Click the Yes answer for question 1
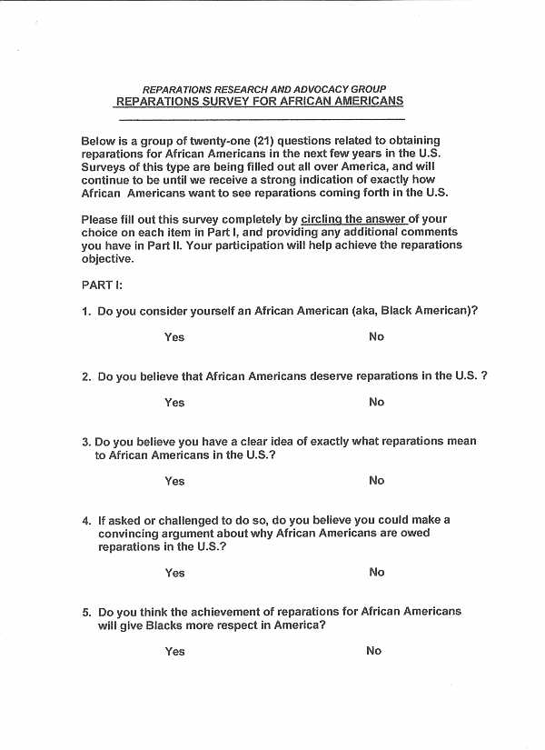click(x=174, y=337)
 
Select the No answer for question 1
click(x=376, y=336)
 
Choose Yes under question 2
click(x=174, y=403)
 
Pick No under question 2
click(x=376, y=402)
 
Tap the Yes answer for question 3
click(x=174, y=481)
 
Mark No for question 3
click(x=376, y=480)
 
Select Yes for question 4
click(x=174, y=573)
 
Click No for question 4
click(x=376, y=572)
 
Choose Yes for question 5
click(x=174, y=651)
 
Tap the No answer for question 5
click(x=373, y=650)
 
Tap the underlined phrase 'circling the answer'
click(x=353, y=219)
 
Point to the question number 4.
click(x=86, y=521)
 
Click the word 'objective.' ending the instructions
click(x=107, y=258)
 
